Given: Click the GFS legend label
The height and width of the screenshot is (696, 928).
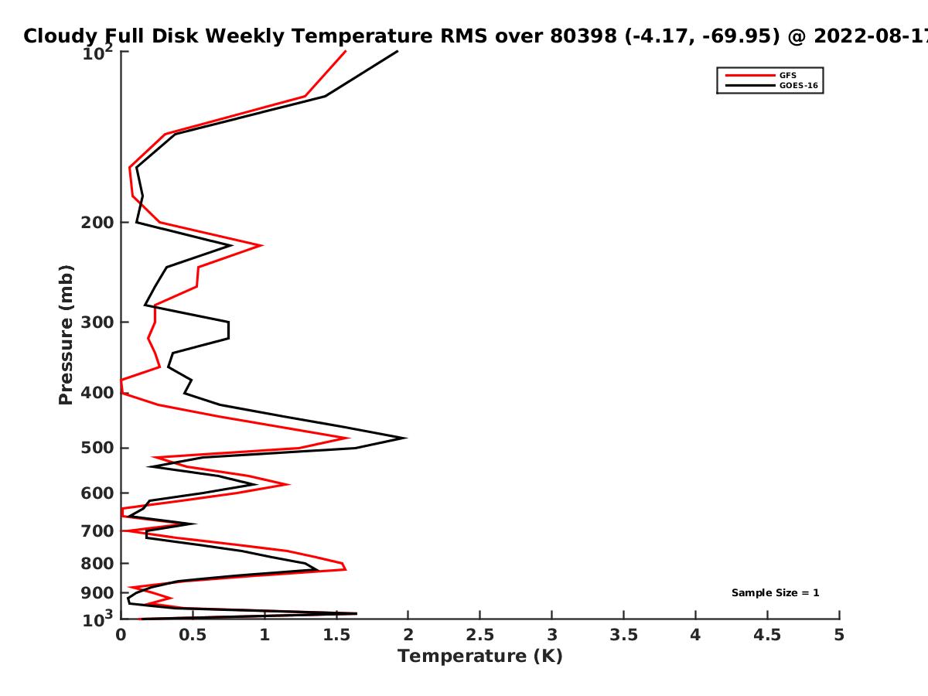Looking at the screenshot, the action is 787,76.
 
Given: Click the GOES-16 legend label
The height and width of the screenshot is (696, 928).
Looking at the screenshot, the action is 798,86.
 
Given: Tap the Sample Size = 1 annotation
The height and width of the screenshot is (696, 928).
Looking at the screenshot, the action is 775,593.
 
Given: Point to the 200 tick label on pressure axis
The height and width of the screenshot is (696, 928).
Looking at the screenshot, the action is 97,222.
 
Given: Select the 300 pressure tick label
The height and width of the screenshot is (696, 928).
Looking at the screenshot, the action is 97,322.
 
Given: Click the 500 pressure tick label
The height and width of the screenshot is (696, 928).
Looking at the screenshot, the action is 97,448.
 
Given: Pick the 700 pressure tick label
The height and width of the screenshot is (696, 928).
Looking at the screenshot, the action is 97,531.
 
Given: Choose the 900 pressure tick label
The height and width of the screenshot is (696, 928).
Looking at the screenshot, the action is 97,593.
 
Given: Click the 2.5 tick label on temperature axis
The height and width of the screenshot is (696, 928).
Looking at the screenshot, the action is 480,635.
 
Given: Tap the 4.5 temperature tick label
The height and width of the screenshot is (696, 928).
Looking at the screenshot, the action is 767,635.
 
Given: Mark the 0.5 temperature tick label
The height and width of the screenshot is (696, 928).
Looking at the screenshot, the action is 193,635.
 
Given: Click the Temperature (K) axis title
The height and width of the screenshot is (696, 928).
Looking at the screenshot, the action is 480,657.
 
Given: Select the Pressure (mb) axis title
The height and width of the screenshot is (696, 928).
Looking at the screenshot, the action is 66,335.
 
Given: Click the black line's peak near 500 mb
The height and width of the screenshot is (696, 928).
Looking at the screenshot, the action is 406,438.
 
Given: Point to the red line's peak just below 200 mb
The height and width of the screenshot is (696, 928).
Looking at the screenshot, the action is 262,245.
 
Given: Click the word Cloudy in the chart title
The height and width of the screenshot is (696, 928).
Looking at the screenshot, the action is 60,36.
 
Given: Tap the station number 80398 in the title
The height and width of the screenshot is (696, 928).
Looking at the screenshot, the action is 583,36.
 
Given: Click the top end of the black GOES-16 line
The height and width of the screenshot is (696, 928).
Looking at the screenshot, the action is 397,51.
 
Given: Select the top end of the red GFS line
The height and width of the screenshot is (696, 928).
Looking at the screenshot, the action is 346,51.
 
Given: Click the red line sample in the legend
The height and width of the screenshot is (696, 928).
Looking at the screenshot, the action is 750,76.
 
